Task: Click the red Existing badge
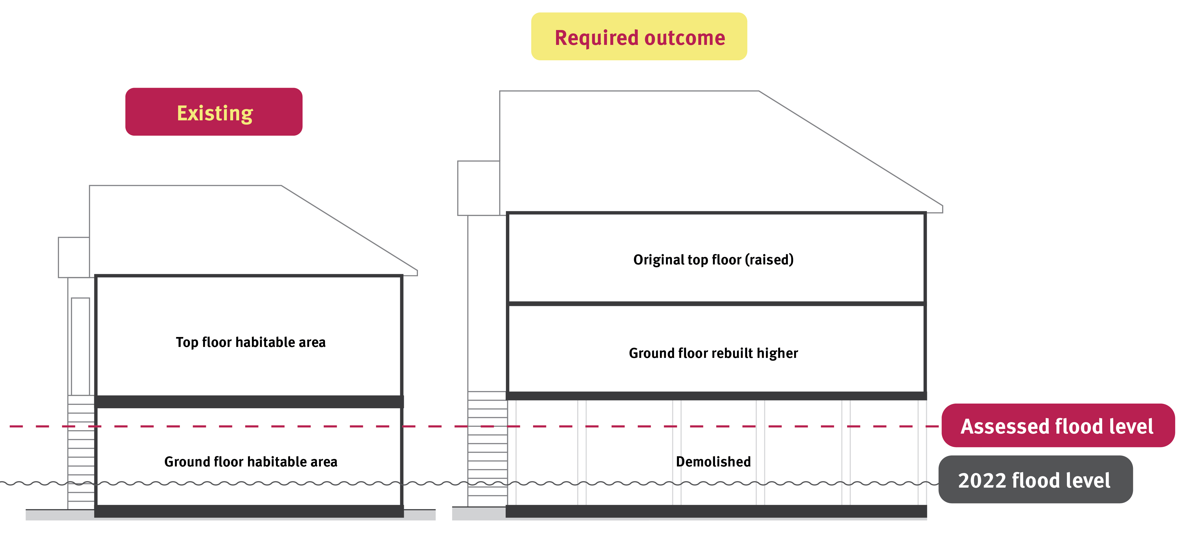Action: point(214,112)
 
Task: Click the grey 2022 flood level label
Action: point(1035,480)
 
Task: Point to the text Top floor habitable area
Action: point(251,342)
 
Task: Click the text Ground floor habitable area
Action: point(251,462)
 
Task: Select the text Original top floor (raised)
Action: point(713,260)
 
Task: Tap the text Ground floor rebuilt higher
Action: point(713,353)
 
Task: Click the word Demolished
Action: point(713,462)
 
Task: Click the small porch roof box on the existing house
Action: point(74,257)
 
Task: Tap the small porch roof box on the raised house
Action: point(478,188)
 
